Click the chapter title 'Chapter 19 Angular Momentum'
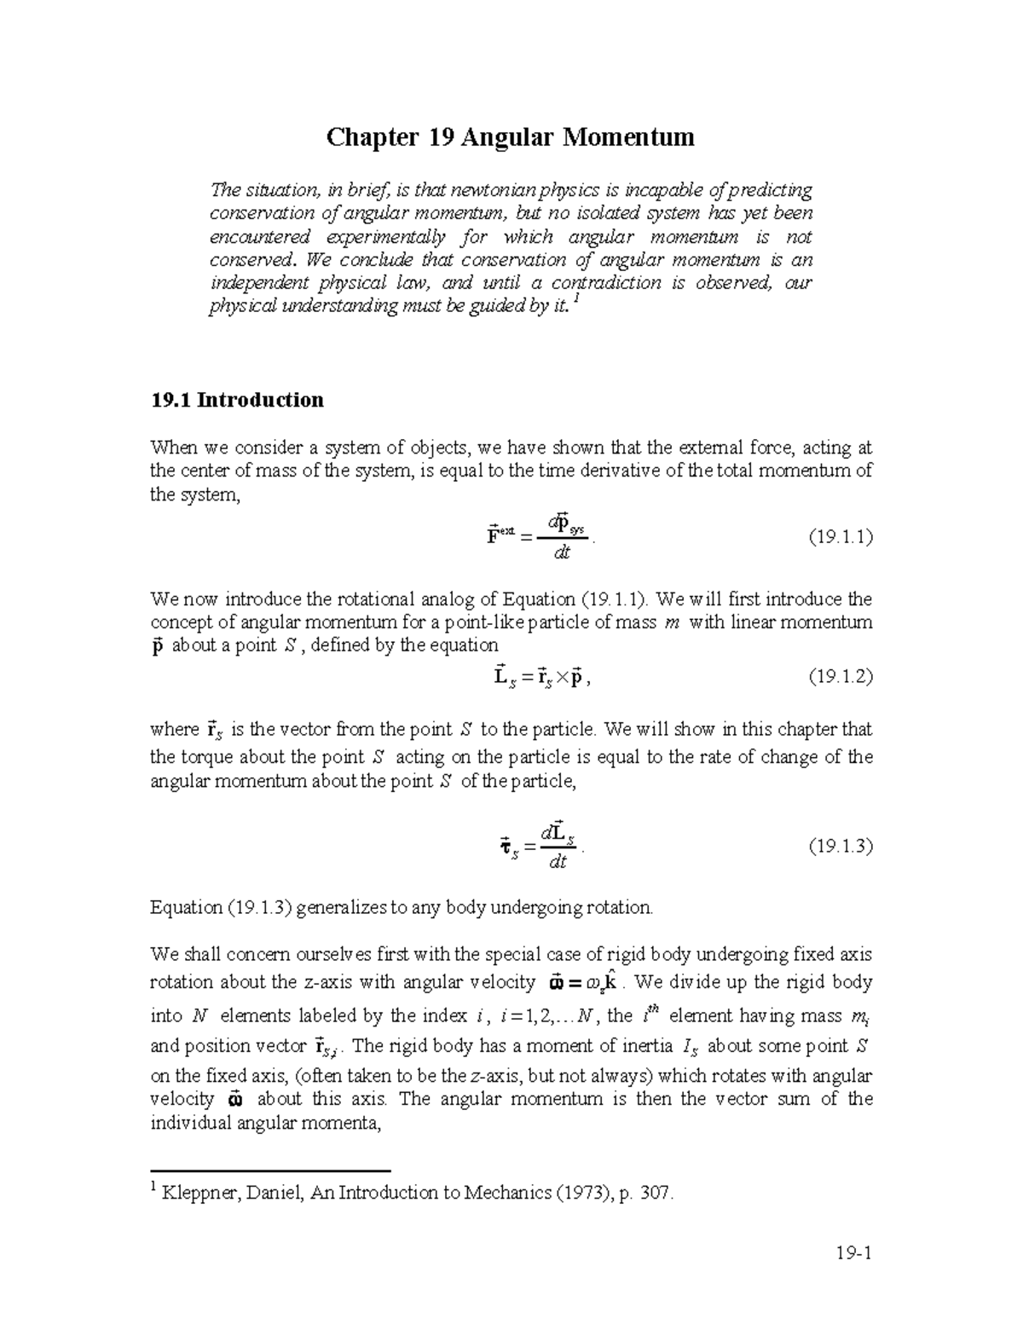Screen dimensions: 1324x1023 coord(511,136)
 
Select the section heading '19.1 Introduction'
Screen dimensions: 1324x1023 coord(236,400)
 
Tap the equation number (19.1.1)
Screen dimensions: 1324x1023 coord(840,538)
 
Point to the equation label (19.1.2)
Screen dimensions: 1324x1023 coord(840,677)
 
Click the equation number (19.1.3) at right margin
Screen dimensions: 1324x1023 coord(840,847)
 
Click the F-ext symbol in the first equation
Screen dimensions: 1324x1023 coord(499,537)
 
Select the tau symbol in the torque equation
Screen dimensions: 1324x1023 coord(505,847)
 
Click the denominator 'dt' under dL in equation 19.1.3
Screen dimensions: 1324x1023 coord(558,862)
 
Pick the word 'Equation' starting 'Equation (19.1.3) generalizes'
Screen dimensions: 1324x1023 coord(185,907)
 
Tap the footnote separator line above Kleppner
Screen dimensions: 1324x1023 coord(269,1171)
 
